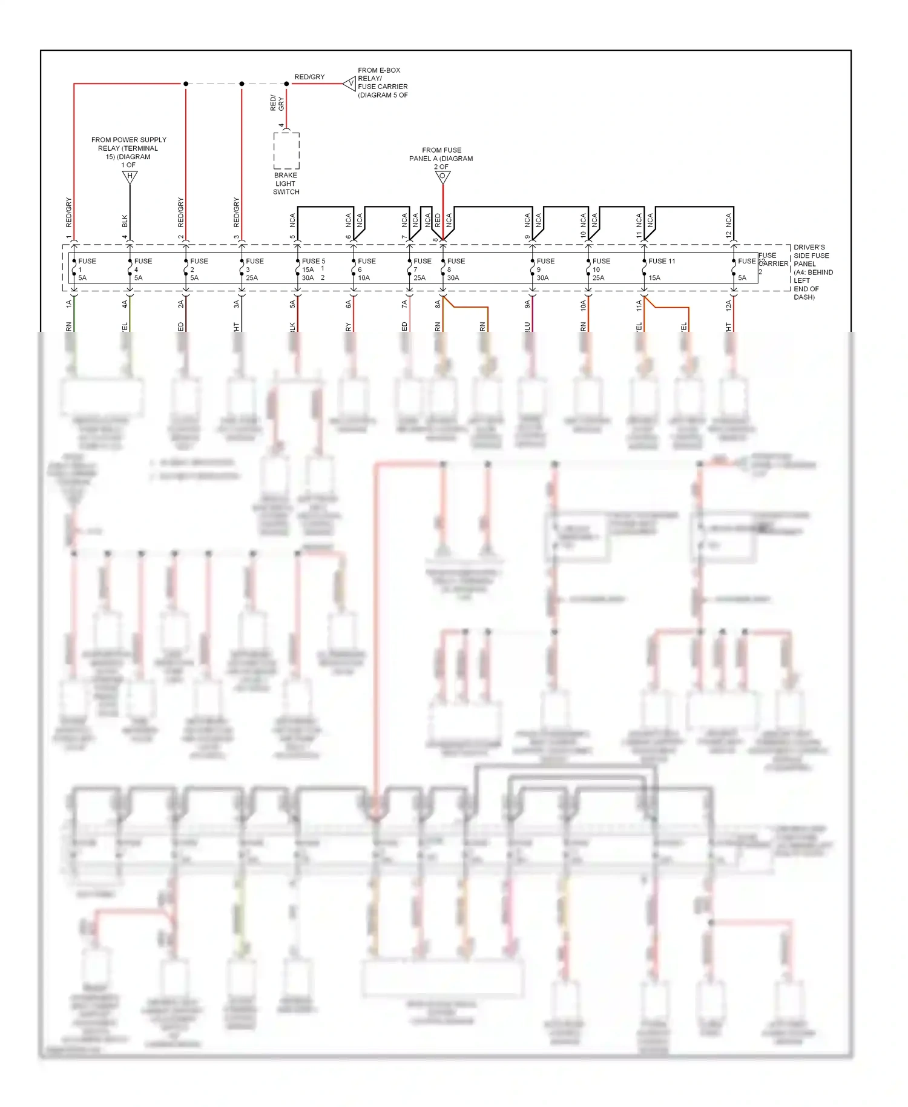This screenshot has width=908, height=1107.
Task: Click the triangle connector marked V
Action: (350, 84)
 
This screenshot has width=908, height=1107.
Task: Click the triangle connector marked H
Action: (130, 177)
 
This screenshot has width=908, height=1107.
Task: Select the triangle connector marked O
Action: (442, 177)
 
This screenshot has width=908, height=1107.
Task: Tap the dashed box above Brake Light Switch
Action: (286, 150)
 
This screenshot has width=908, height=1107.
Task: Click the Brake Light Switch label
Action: (286, 183)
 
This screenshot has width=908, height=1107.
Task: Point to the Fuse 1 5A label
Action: (85, 269)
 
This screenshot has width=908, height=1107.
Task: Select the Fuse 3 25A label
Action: (254, 269)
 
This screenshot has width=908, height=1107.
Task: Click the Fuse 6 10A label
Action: (365, 269)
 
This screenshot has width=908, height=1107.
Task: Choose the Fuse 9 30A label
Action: (544, 269)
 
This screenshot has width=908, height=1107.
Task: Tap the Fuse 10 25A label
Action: (600, 269)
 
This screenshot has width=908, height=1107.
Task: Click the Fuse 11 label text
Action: (662, 261)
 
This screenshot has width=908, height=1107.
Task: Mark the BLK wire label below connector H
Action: (125, 221)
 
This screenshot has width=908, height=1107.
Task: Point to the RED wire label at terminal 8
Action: (438, 220)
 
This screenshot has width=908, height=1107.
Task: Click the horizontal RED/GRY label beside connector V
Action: (309, 77)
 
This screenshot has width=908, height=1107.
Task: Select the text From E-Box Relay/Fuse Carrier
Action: (383, 82)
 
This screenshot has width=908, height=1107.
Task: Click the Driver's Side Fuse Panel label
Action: (812, 272)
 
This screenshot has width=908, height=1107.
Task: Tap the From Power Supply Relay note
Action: (128, 152)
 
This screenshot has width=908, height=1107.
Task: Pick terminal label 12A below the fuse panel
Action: (729, 305)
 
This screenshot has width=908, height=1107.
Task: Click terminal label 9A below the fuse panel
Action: (527, 305)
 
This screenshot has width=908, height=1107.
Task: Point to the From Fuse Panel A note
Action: (441, 158)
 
